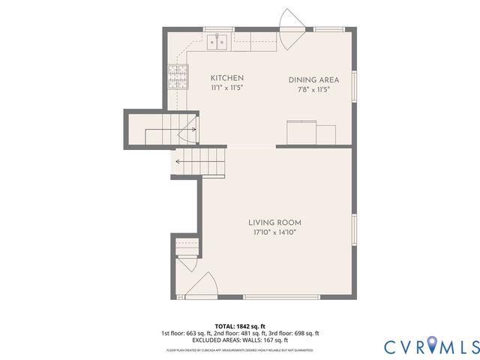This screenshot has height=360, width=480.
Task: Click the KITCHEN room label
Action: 226,78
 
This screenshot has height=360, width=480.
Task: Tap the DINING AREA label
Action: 313,79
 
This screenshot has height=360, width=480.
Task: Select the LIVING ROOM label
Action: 274,223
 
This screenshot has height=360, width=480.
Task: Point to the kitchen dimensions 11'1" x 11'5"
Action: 226,88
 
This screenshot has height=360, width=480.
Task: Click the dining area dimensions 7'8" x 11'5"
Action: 313,89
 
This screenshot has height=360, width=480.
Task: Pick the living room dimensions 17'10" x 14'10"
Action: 274,232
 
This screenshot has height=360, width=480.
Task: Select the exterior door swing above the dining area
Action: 290,21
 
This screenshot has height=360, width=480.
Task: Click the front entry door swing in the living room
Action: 200,285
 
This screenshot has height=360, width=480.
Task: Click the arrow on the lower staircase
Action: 180,160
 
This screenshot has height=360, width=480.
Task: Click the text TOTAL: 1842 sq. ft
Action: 239,325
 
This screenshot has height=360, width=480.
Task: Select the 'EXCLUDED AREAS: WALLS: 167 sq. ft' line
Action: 239,340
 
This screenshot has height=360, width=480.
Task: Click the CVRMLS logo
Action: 430,346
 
